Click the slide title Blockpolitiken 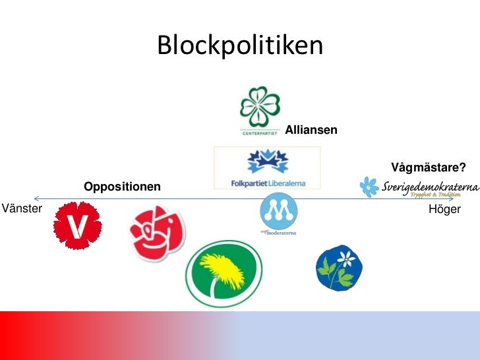point(240,45)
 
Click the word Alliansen point(311,131)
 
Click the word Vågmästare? point(429,167)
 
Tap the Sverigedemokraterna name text point(430,187)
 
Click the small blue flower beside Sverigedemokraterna point(369,187)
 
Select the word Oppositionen point(122,187)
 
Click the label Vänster point(22,209)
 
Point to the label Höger point(444,209)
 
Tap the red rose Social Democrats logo point(157,232)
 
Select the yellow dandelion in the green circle point(224,273)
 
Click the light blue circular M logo point(278,212)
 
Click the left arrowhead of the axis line point(36,198)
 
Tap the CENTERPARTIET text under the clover point(260,132)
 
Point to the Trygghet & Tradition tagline point(435,195)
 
